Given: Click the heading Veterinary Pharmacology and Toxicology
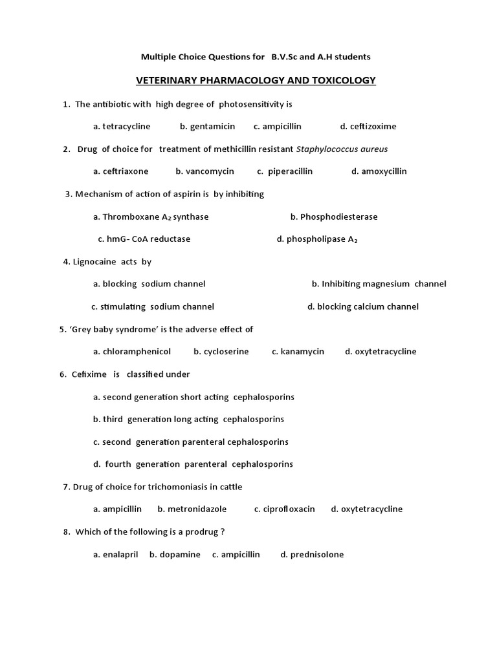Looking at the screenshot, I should pos(256,80).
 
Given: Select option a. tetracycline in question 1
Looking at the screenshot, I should pos(122,126).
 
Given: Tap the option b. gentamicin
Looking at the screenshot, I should pos(207,126).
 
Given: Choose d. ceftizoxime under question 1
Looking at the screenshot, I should pos(368,126).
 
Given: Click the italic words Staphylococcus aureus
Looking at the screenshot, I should pos(342,149).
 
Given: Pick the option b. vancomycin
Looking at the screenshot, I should pos(204,171).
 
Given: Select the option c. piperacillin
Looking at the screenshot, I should pos(285,171).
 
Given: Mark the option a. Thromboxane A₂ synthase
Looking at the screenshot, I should pos(151,217).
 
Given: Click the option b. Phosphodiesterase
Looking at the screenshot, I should pos(334,217).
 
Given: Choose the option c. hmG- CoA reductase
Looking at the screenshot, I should pos(144,239).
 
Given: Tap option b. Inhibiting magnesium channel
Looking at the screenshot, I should pos(379,284).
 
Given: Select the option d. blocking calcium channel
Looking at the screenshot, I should pos(363,306).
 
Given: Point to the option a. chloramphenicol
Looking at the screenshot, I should pos(132,352).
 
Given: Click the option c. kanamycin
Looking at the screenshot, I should pos(298,352).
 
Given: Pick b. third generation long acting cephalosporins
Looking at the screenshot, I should pos(188,419).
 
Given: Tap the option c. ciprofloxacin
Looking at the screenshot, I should pos(285,509).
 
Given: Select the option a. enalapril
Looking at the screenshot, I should pos(116,554).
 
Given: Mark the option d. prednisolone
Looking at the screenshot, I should pos(312,554).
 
